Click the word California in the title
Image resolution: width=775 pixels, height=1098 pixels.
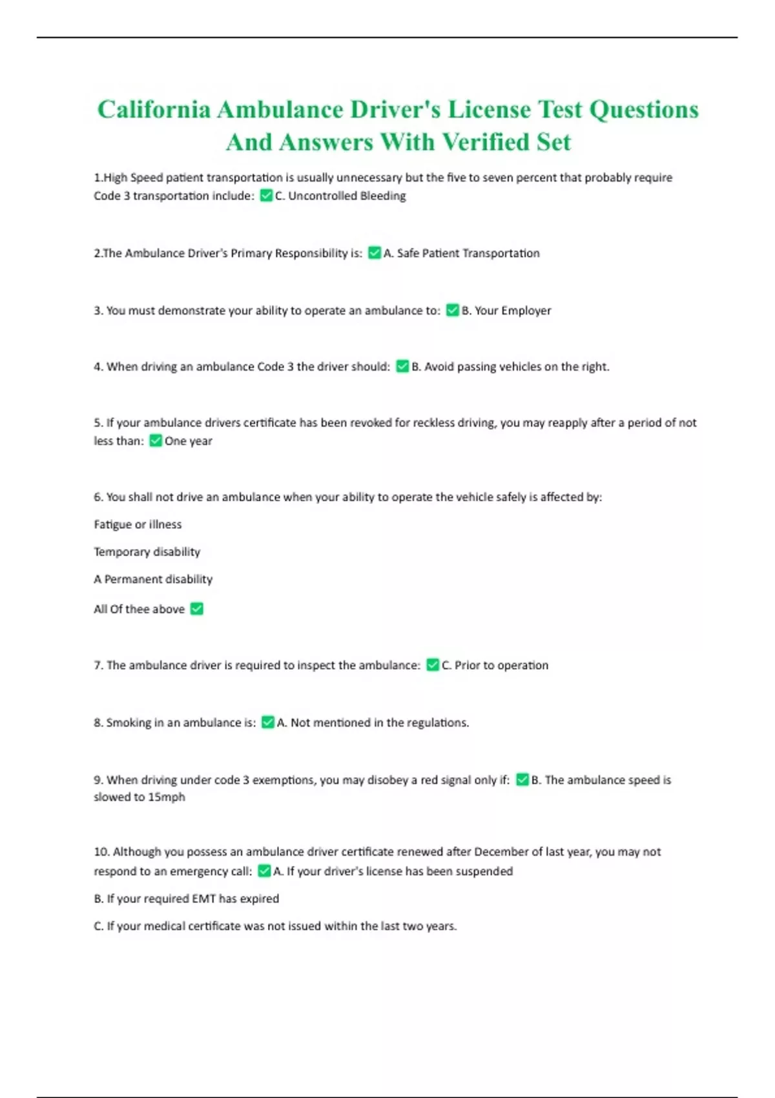(154, 110)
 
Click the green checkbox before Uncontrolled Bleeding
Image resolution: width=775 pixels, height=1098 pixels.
(265, 196)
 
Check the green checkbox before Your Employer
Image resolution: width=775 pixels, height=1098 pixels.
(452, 310)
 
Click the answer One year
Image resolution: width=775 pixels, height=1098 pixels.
(188, 441)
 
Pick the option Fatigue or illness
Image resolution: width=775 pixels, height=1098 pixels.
(138, 524)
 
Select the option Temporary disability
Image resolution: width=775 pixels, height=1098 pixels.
(147, 552)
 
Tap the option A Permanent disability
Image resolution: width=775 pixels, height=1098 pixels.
(153, 579)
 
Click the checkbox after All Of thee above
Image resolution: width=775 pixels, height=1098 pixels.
(197, 608)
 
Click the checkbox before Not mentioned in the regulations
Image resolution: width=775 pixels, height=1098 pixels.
(267, 722)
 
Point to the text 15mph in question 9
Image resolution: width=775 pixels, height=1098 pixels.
(167, 797)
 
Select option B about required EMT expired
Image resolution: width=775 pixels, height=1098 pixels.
(187, 898)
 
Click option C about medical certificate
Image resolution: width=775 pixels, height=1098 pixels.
(275, 926)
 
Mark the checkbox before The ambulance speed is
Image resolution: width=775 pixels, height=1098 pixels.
(522, 780)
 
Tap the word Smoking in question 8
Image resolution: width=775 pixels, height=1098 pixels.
(129, 723)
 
